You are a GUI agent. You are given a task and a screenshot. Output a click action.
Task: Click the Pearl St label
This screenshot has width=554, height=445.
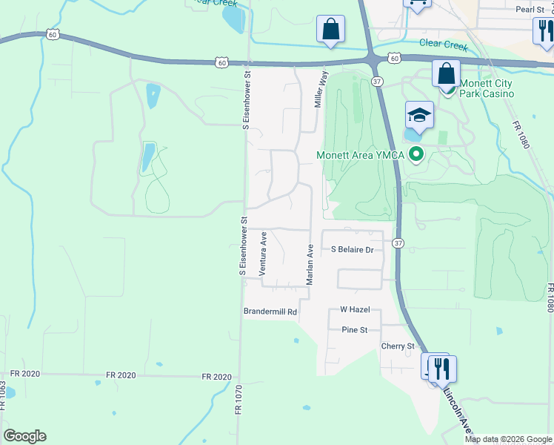coord(530,9)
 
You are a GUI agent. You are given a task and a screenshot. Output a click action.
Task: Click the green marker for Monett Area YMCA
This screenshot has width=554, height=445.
coord(416,155)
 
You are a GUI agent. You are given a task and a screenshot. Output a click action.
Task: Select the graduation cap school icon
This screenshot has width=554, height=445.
coord(418,115)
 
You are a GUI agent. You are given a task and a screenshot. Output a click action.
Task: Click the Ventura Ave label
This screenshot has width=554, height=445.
coord(263,254)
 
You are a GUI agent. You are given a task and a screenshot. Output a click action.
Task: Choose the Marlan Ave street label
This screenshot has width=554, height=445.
coord(311,266)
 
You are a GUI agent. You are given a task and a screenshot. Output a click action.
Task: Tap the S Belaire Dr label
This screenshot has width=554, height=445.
coord(352,250)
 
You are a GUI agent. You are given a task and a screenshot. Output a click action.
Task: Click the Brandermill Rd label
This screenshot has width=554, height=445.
coord(270,312)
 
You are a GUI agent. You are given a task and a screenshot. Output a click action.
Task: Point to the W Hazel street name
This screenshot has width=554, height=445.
coord(354,309)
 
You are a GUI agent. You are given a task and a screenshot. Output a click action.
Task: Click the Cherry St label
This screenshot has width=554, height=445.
coord(397,346)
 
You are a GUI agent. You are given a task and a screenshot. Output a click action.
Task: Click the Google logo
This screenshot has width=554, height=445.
coord(24,436)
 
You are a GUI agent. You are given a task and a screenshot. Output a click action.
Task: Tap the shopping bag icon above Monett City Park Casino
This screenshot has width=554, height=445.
coord(446,73)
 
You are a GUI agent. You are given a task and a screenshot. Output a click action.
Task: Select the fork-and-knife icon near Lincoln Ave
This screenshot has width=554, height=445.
coord(442,368)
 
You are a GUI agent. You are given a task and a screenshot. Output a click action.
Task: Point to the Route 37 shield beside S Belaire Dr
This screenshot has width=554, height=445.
coord(398,243)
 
